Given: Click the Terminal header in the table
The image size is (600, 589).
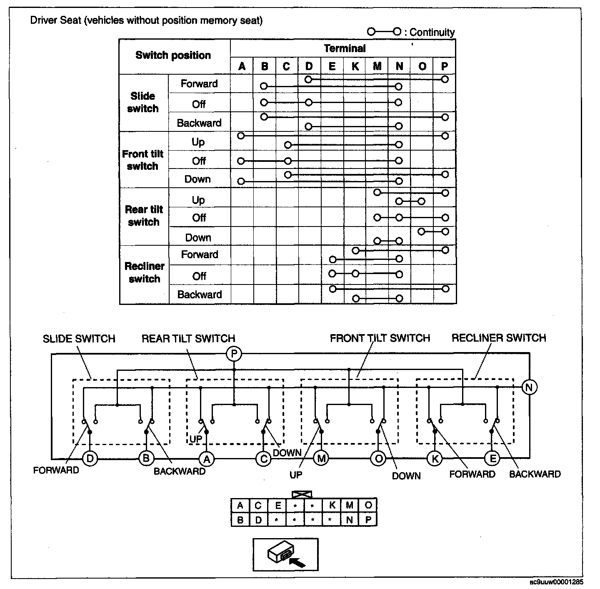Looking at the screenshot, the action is (x=344, y=48).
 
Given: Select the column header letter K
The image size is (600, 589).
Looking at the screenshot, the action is (x=355, y=66).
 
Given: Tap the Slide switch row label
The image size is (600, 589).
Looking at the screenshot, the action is (x=143, y=102).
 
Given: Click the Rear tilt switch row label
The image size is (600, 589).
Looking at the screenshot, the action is (x=144, y=216).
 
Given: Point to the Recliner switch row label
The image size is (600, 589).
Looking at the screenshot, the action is (x=144, y=272).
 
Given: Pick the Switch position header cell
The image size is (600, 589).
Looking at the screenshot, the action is (x=173, y=55).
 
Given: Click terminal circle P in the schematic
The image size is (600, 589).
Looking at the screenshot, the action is (x=234, y=354).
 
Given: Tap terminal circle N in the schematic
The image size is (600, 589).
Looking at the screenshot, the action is (x=529, y=388).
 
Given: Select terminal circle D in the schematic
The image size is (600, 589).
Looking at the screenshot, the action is (x=90, y=459).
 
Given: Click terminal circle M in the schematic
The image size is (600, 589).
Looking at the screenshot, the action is (x=321, y=459).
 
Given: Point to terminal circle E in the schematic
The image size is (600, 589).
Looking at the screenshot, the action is (x=492, y=459).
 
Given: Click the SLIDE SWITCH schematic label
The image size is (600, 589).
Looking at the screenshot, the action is (x=79, y=338).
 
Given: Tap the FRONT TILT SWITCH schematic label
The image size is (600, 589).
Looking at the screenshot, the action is (x=380, y=338).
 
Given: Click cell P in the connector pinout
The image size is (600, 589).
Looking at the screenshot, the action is (x=368, y=520).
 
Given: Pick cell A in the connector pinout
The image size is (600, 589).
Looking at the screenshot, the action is (x=240, y=506).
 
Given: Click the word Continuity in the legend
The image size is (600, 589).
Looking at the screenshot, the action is (x=432, y=32).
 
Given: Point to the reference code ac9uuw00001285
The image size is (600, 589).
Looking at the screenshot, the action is (x=556, y=582).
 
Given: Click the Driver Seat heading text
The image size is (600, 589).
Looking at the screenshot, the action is (x=146, y=20).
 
